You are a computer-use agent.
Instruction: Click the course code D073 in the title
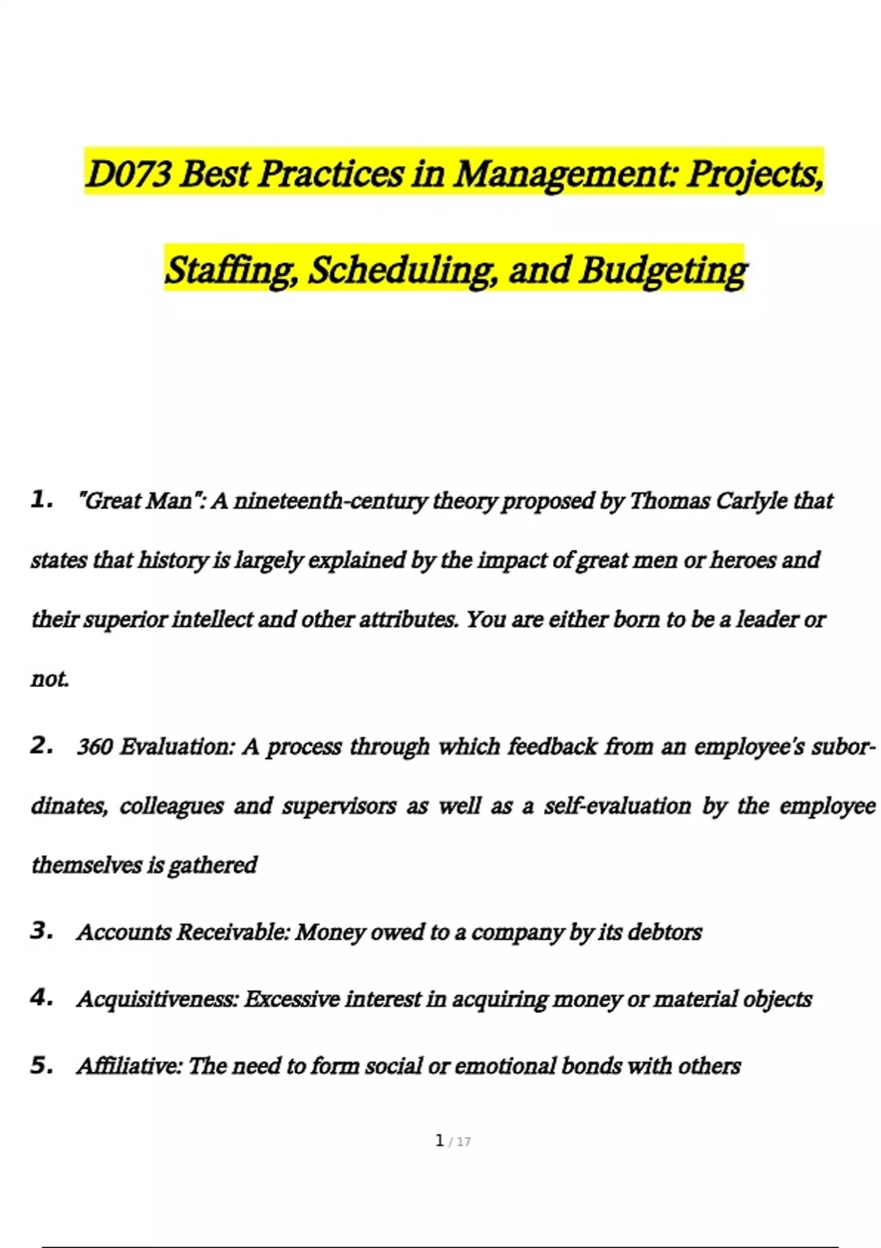(129, 175)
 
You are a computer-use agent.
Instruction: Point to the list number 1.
(41, 501)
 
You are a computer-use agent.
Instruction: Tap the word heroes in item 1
(742, 561)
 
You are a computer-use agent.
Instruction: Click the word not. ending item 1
(50, 679)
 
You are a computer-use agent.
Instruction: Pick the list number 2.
(41, 746)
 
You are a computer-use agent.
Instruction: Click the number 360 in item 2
(94, 747)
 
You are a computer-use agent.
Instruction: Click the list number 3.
(41, 931)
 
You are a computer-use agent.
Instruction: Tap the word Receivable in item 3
(233, 932)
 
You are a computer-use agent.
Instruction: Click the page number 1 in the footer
(440, 1141)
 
